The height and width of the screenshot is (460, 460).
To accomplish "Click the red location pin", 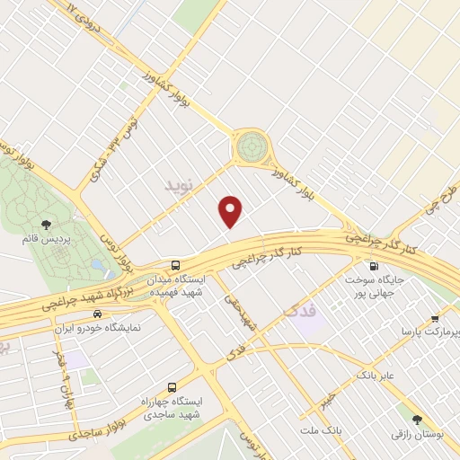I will click(232, 212).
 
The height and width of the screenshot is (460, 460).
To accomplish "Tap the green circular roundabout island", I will click(252, 145).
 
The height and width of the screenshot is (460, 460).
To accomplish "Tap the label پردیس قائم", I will click(43, 240).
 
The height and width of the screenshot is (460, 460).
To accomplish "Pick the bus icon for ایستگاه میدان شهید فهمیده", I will click(176, 266).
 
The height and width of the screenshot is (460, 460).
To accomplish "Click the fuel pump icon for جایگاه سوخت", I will click(373, 266).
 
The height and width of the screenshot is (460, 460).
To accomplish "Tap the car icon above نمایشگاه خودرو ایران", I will click(95, 314).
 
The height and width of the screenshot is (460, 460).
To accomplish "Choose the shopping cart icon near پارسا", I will click(435, 318).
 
